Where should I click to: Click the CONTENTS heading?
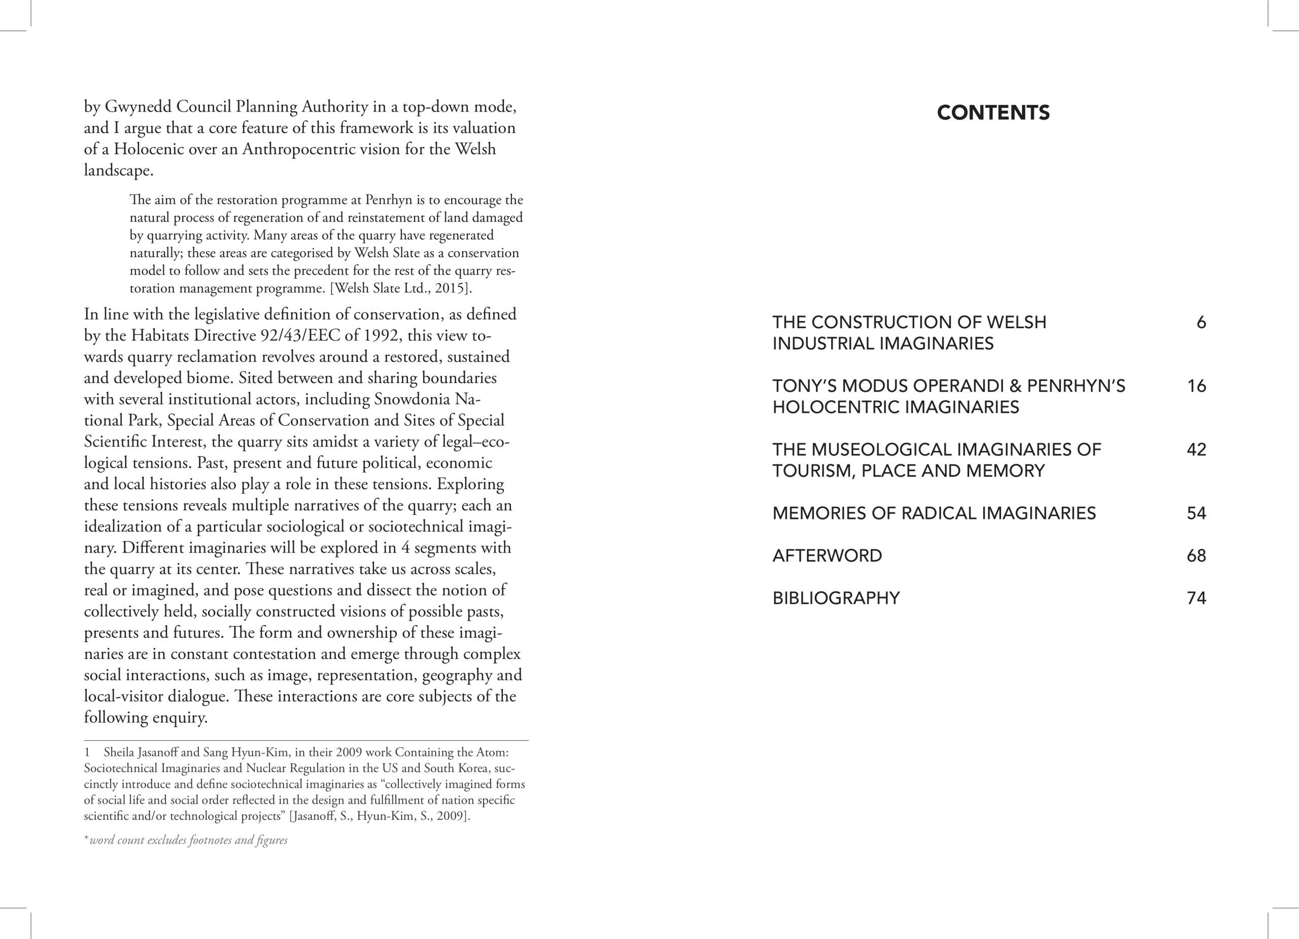pyautogui.click(x=993, y=112)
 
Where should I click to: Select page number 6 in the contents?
pyautogui.click(x=1201, y=322)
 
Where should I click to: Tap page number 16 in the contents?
pyautogui.click(x=1197, y=386)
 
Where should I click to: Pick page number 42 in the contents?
pyautogui.click(x=1197, y=449)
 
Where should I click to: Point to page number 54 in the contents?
pyautogui.click(x=1197, y=513)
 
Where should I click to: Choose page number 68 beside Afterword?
pyautogui.click(x=1197, y=555)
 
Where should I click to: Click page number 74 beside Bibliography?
pyautogui.click(x=1197, y=598)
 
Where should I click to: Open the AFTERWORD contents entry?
pyautogui.click(x=827, y=555)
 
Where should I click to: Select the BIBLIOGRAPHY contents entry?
pyautogui.click(x=836, y=598)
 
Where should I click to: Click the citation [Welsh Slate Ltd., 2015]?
pyautogui.click(x=401, y=288)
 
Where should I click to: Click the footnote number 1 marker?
pyautogui.click(x=87, y=752)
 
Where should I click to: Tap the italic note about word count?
pyautogui.click(x=186, y=840)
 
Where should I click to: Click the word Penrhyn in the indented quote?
pyautogui.click(x=388, y=200)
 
